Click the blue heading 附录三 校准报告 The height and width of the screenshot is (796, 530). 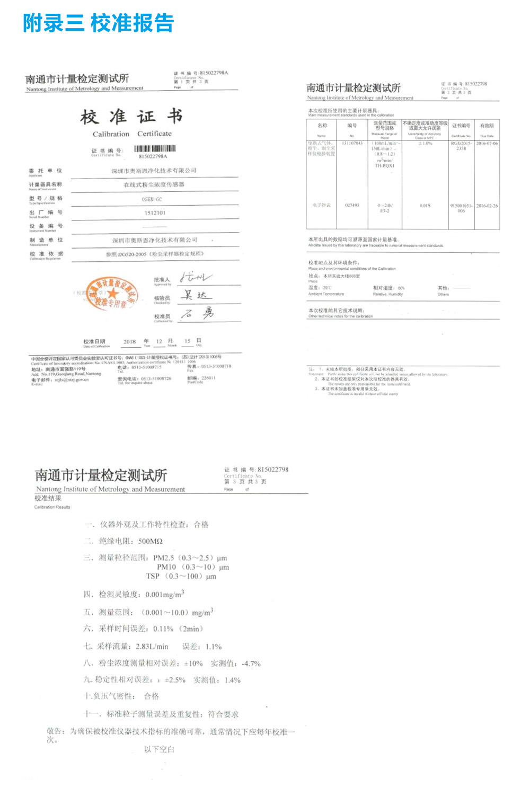[98, 23]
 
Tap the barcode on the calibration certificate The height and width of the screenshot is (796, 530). [155, 149]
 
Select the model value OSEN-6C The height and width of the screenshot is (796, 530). [152, 199]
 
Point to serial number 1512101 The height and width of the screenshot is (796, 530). [155, 213]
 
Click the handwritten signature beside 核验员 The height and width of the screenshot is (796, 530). [195, 296]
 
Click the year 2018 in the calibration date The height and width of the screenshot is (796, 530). [129, 342]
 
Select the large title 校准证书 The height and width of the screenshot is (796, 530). [131, 117]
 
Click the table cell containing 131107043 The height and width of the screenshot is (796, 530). [352, 144]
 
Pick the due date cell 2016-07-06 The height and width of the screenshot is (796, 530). [487, 144]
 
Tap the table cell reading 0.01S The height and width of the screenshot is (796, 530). [425, 206]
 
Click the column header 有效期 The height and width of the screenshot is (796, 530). [487, 126]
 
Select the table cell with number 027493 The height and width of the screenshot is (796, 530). [352, 206]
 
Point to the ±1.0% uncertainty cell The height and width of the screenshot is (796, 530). [425, 144]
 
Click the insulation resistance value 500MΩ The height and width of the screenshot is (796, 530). [150, 542]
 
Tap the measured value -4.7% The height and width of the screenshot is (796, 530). [251, 664]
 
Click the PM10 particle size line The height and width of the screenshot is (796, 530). [193, 567]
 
